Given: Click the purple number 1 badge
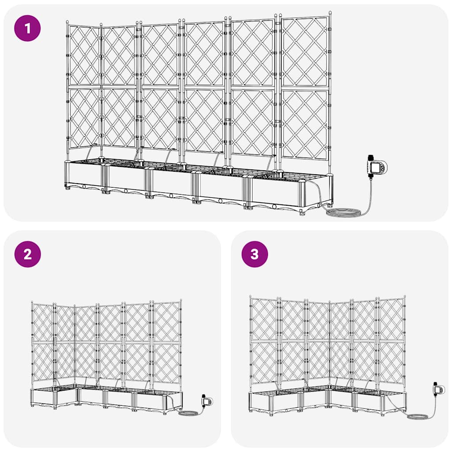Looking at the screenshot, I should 28,28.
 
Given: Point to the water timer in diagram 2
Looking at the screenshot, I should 206,401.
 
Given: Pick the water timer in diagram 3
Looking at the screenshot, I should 439,390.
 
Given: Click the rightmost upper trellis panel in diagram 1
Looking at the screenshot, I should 305,52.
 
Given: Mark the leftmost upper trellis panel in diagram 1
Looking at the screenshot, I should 84,55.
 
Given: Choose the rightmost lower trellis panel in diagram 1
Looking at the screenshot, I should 305,124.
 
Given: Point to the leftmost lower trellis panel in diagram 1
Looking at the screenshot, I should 84,118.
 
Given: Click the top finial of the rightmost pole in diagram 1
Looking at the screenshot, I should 330,14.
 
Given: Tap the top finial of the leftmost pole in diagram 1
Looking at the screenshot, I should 67,22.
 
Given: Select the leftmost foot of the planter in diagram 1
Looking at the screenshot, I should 68,188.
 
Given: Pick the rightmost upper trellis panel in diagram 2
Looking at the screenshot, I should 167,322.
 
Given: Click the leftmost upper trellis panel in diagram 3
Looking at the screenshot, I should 264,319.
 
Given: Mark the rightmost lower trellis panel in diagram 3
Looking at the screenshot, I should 392,362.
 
